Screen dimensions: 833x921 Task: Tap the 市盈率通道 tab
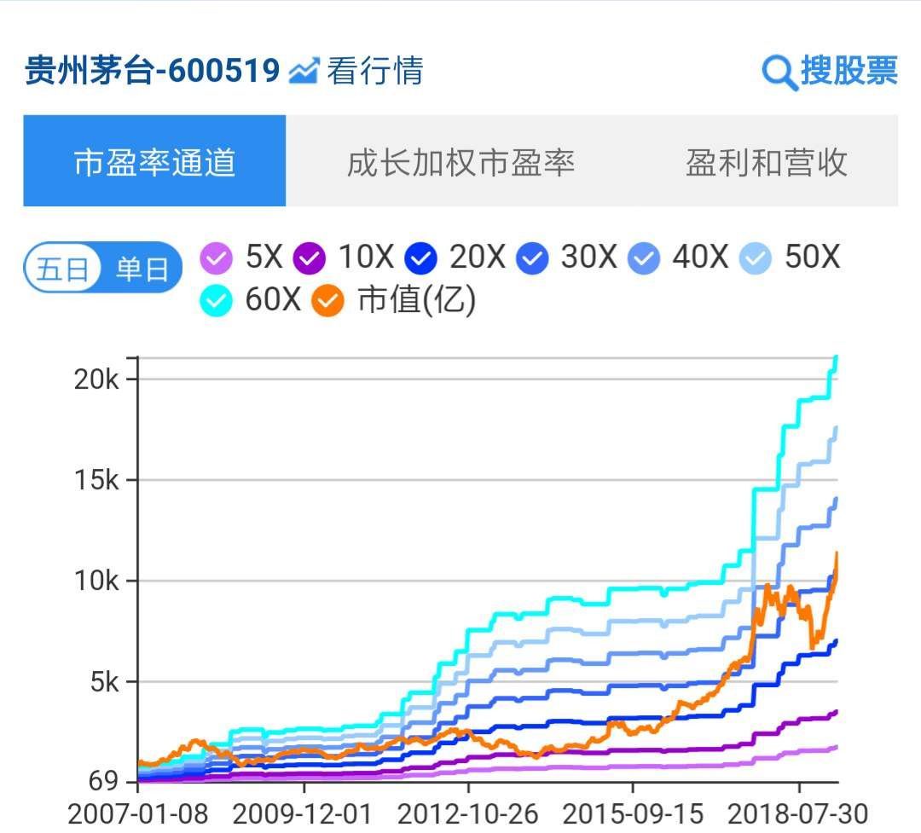pyautogui.click(x=154, y=161)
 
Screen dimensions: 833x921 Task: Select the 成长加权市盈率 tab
pyautogui.click(x=460, y=161)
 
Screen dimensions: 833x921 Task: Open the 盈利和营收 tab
pyautogui.click(x=766, y=161)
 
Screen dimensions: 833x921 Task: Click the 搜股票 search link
pyautogui.click(x=830, y=71)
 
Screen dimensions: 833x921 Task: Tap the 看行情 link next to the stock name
pyautogui.click(x=356, y=71)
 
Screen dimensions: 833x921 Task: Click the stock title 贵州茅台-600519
pyautogui.click(x=152, y=71)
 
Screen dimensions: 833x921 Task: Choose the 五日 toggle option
pyautogui.click(x=62, y=269)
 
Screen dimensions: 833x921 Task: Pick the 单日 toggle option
pyautogui.click(x=141, y=269)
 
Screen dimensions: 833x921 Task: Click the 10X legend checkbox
pyautogui.click(x=309, y=257)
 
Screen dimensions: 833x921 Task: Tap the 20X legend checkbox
pyautogui.click(x=421, y=257)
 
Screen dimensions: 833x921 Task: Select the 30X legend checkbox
pyautogui.click(x=533, y=257)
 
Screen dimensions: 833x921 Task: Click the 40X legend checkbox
pyautogui.click(x=645, y=257)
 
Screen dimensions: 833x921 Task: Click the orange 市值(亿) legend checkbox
pyautogui.click(x=327, y=300)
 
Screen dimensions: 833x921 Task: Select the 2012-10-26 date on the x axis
pyautogui.click(x=468, y=813)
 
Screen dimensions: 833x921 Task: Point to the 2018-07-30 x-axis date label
pyautogui.click(x=798, y=813)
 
